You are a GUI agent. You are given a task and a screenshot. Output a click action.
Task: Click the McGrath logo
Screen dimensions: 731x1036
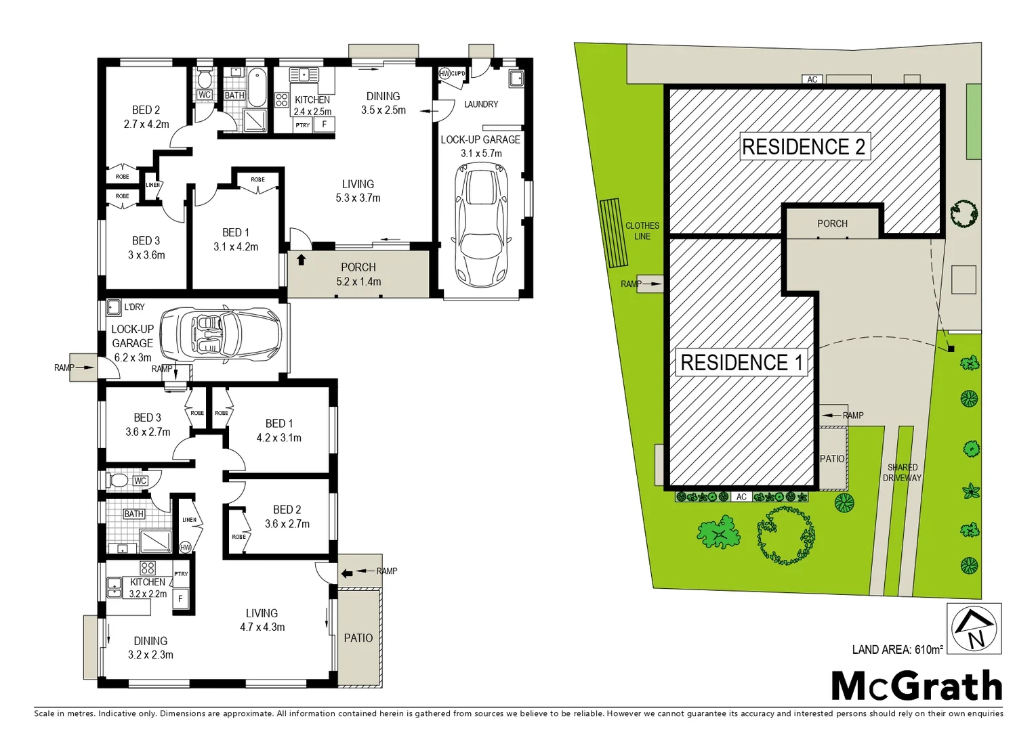[x=916, y=686]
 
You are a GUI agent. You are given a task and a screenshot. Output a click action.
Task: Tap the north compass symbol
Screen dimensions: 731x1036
[x=974, y=629]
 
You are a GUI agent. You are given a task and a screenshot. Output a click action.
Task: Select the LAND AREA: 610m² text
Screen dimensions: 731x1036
[x=896, y=650]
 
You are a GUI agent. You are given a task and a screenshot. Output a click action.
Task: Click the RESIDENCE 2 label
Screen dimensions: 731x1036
[x=804, y=146]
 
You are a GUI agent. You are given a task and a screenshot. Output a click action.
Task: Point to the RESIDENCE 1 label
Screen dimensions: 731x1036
[x=741, y=363]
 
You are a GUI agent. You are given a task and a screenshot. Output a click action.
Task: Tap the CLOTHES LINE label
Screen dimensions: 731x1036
[x=642, y=231]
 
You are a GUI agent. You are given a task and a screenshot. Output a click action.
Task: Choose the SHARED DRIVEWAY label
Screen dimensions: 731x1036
[x=902, y=472]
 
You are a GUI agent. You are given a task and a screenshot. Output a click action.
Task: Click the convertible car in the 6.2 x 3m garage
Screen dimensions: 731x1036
[x=220, y=334]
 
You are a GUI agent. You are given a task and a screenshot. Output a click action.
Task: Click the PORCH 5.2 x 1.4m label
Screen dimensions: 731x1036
[x=358, y=274]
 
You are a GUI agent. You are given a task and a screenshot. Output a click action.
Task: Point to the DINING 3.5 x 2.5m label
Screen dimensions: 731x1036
[x=383, y=103]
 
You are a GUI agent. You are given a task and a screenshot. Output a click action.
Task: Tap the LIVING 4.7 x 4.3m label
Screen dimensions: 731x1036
[x=262, y=620]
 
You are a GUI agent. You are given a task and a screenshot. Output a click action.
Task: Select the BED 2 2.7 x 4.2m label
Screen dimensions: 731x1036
[x=146, y=116]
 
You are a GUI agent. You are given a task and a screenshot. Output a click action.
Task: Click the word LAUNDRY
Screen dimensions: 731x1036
[x=481, y=104]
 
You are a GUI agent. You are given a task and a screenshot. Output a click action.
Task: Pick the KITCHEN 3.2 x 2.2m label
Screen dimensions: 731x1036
[x=148, y=588]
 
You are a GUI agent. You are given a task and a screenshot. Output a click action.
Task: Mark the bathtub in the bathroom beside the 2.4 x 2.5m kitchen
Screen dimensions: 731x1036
[x=257, y=87]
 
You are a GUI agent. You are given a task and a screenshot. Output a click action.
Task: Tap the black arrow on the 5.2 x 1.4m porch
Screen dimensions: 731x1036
[x=301, y=259]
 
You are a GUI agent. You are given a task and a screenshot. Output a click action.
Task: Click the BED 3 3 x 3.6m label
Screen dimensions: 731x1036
[x=146, y=248]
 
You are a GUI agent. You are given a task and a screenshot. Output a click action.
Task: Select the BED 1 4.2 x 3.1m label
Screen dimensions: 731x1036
[x=278, y=430]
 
